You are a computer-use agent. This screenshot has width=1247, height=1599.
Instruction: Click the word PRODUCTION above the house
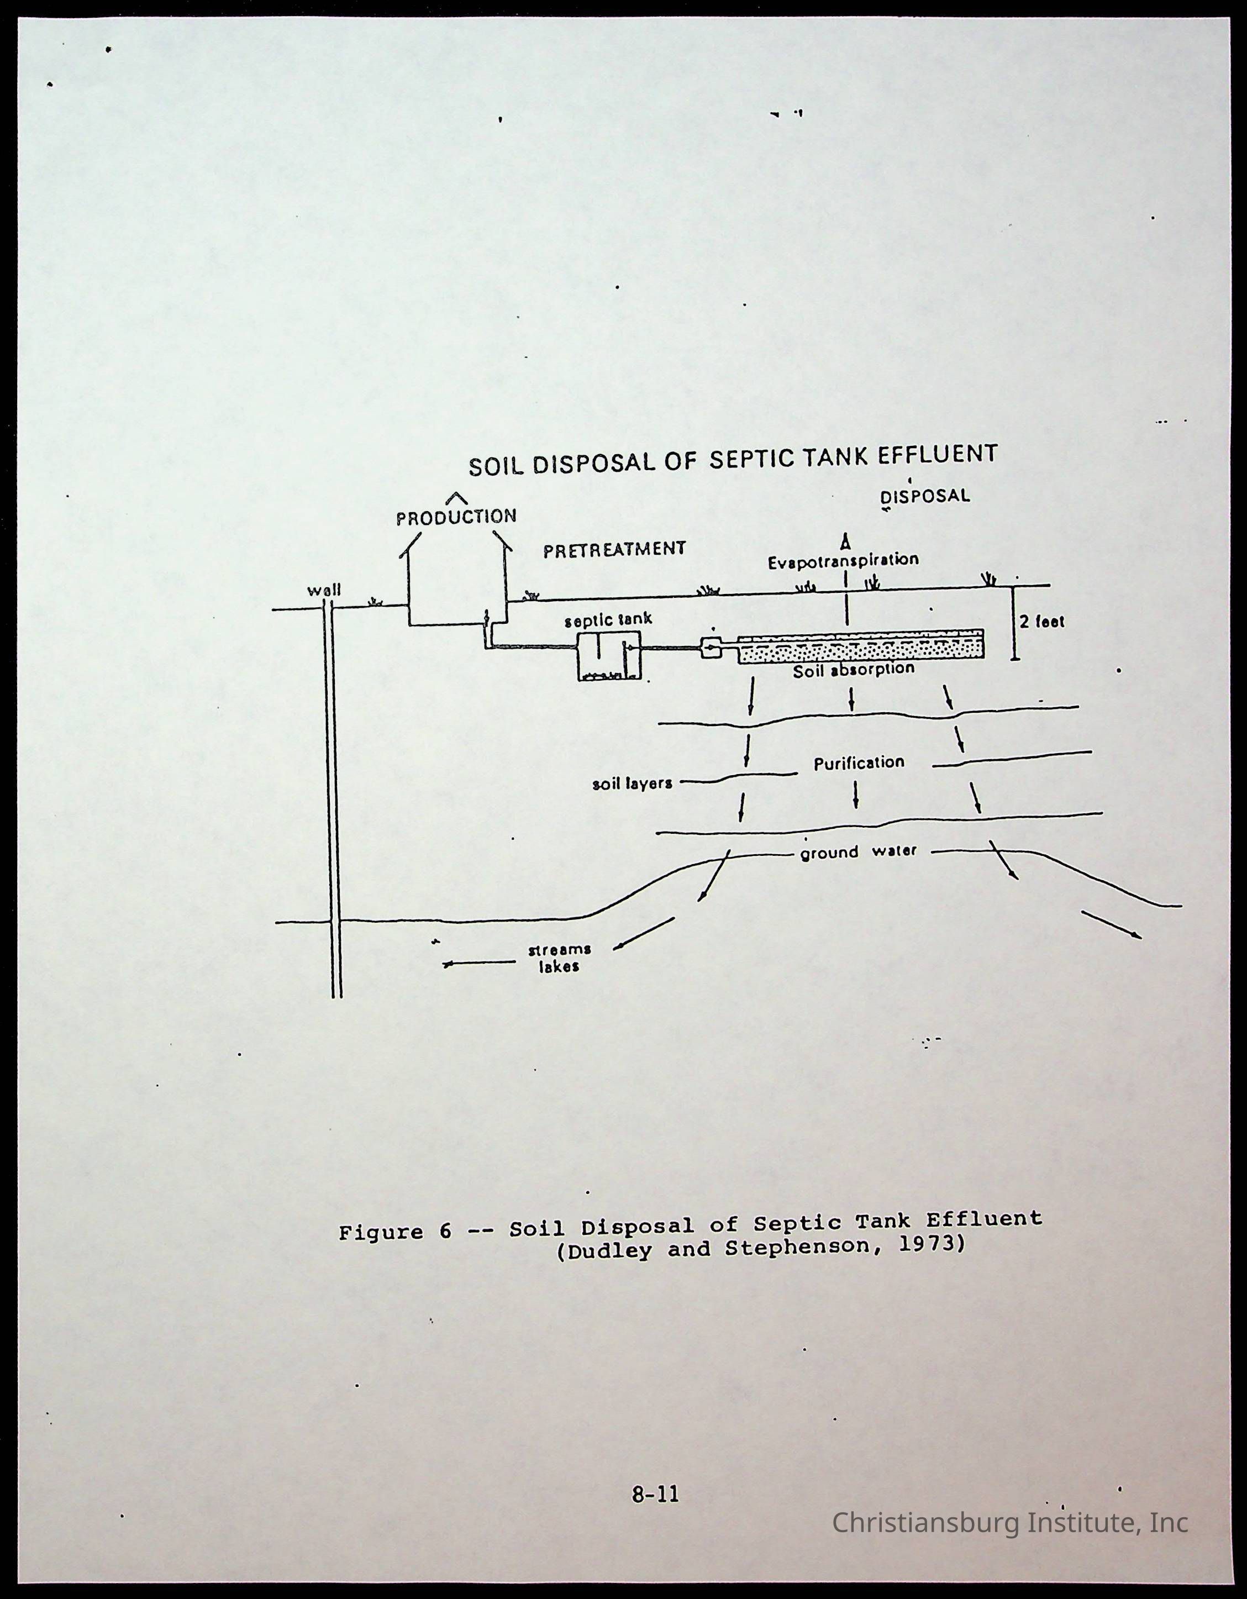[456, 517]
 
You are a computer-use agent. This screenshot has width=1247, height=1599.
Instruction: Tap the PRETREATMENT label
[614, 549]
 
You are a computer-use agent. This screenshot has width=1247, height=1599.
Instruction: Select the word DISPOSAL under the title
[925, 496]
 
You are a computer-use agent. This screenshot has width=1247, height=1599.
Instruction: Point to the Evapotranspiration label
[843, 561]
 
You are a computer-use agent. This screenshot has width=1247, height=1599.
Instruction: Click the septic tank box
[608, 656]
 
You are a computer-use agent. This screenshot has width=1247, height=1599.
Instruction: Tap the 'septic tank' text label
[608, 619]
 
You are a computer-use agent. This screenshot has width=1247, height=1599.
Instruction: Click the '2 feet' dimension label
[1042, 622]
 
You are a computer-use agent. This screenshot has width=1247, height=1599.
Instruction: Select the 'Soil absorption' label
[854, 670]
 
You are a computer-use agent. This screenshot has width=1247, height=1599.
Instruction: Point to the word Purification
[859, 763]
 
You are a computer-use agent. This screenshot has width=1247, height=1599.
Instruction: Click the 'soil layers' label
[632, 783]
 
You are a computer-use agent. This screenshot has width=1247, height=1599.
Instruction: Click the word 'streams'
[560, 950]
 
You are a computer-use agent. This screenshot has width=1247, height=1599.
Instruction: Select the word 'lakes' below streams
[560, 967]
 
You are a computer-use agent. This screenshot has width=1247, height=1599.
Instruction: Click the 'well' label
[324, 590]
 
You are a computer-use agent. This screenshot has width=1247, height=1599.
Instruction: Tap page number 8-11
[655, 1495]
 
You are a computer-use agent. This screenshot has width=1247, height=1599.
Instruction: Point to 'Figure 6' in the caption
[396, 1232]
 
